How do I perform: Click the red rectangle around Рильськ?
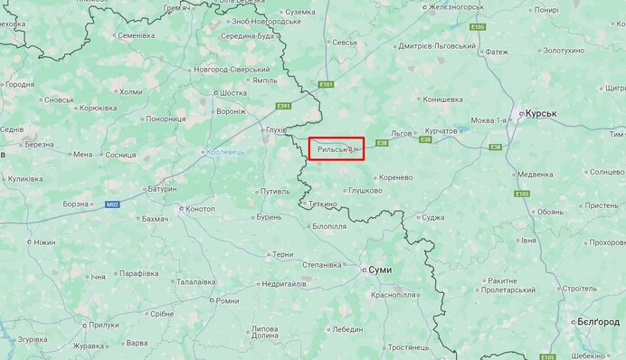click(x=337, y=149)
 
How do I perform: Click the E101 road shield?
click(x=327, y=85)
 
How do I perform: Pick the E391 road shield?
click(x=283, y=106)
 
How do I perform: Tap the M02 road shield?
click(x=112, y=204)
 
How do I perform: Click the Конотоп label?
click(x=199, y=209)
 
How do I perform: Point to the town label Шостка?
click(x=233, y=92)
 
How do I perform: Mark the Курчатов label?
click(x=441, y=131)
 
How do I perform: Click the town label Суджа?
click(x=432, y=217)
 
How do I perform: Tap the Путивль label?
click(x=273, y=191)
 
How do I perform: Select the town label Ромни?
click(x=226, y=300)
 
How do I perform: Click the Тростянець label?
click(x=409, y=347)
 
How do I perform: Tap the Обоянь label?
click(x=550, y=212)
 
